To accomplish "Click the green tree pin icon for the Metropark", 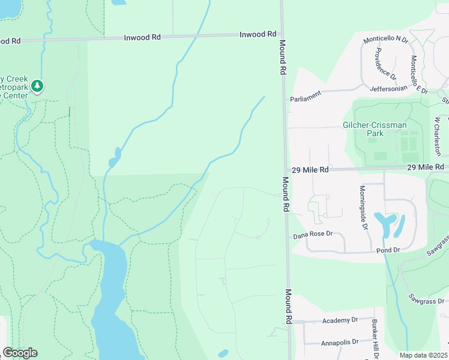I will click(x=38, y=87).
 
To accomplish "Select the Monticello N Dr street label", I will click(x=385, y=40).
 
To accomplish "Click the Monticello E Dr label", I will click(x=418, y=75).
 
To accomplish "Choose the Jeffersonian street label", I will click(x=388, y=88).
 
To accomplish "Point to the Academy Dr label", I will click(x=340, y=320).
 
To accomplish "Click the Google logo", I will click(x=20, y=353).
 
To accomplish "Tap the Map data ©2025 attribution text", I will click(x=423, y=355).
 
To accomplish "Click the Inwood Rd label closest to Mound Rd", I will click(x=261, y=34).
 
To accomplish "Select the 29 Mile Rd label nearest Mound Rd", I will click(x=311, y=170).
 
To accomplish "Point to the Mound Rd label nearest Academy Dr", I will click(x=289, y=307).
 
